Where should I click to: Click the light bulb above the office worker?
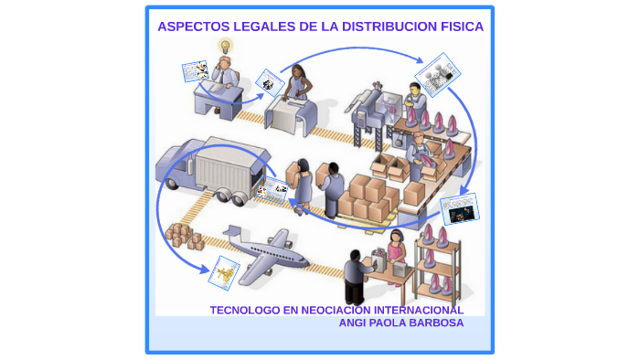[223, 46]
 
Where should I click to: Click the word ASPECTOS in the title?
[188, 26]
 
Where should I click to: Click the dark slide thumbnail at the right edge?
[460, 210]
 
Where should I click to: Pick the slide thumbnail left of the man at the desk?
[195, 70]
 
